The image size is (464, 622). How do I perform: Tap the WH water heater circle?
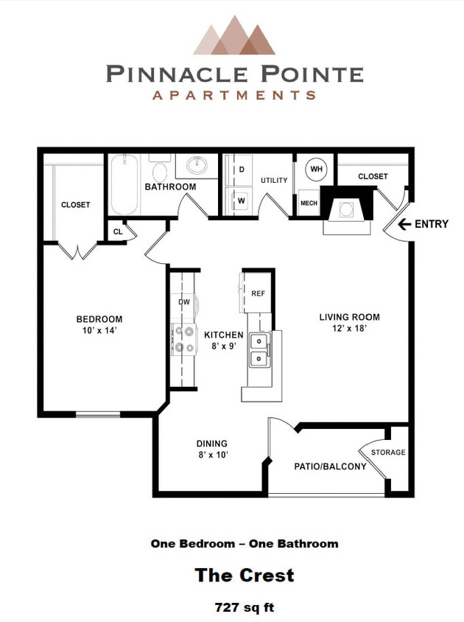click(x=317, y=170)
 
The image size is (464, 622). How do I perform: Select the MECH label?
click(x=308, y=203)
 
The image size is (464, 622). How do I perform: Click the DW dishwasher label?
click(x=184, y=301)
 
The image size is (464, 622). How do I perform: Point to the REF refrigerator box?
click(x=258, y=293)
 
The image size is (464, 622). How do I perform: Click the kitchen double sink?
click(x=259, y=350)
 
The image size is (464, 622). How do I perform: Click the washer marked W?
click(x=241, y=199)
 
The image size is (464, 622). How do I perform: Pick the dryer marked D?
click(x=241, y=169)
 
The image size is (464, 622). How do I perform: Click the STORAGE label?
click(x=388, y=452)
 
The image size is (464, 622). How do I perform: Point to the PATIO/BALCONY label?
click(x=330, y=466)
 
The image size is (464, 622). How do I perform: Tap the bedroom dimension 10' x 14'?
click(x=99, y=331)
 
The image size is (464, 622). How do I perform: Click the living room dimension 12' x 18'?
click(x=349, y=329)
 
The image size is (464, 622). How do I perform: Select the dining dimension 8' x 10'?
click(x=211, y=455)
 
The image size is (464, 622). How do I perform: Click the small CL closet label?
click(x=118, y=231)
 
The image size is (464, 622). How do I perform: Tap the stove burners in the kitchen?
click(x=180, y=340)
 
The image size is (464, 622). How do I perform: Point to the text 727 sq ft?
click(x=244, y=608)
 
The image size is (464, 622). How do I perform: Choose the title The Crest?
click(x=244, y=575)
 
